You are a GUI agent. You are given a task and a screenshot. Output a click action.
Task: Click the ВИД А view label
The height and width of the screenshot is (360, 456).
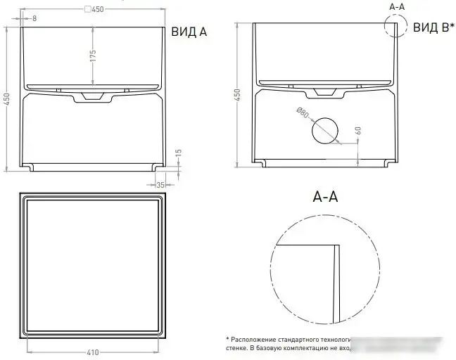189,32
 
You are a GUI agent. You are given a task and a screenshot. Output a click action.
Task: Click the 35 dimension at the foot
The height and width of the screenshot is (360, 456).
160,185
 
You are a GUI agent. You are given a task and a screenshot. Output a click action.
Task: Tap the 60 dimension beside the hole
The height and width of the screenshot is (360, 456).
358,131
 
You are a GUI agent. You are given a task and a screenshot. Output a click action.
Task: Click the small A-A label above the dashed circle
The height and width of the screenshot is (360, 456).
397,6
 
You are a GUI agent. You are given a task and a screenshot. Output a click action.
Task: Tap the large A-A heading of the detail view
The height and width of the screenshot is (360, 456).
326,198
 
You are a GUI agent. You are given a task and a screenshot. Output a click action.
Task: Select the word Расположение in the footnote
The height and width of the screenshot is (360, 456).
253,337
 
